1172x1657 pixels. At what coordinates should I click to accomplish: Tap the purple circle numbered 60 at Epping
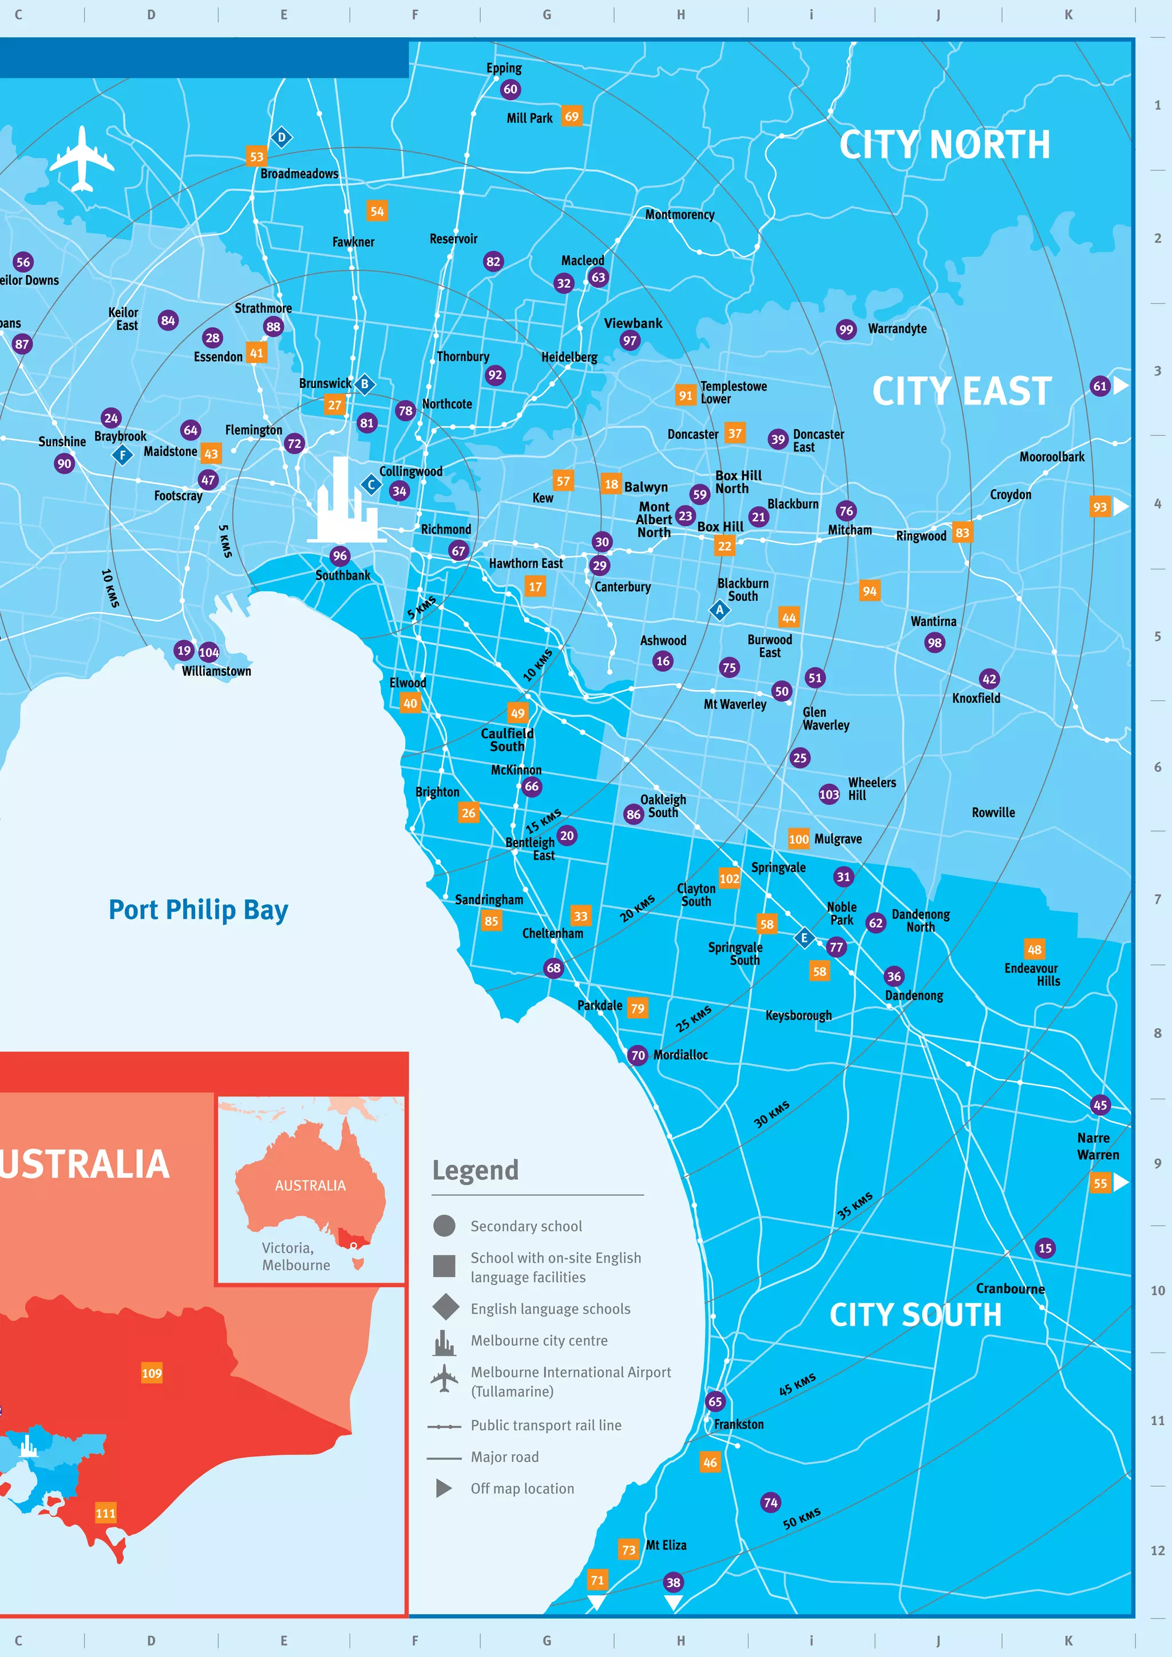510,89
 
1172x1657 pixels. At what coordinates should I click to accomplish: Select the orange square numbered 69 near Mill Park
572,116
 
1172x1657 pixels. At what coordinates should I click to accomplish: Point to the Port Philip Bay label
199,910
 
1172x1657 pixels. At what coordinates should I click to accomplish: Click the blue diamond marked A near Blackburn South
719,610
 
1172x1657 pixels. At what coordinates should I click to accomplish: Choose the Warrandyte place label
897,329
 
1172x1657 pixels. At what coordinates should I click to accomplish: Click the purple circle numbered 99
846,330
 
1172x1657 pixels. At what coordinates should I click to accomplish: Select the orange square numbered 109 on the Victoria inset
152,1373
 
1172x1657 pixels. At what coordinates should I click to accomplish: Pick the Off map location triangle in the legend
444,1488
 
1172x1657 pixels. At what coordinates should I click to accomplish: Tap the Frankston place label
738,1424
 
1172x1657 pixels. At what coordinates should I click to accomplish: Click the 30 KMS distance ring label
771,1114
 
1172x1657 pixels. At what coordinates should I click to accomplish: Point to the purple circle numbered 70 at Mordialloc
638,1055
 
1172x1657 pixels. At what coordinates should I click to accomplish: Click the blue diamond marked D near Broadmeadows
282,137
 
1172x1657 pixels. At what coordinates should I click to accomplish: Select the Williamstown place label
216,671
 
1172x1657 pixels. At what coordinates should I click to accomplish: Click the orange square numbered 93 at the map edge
1099,506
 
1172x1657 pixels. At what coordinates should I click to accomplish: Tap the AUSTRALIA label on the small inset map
310,1186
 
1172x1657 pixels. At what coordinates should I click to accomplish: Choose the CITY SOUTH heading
915,1315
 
